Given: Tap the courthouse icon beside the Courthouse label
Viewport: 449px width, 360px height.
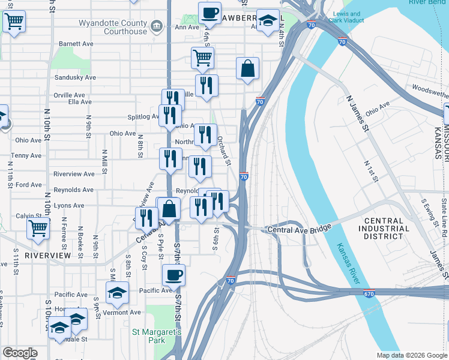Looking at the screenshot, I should point(157,26).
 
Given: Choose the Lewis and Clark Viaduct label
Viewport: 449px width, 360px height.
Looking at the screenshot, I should point(347,17).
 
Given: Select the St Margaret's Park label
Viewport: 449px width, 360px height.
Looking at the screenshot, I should point(157,336).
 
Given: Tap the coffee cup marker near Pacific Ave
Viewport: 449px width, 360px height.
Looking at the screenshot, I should point(173,275).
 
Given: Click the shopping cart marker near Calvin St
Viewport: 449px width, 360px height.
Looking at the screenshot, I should point(38,228).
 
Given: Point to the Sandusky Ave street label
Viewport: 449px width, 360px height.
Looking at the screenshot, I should point(75,77).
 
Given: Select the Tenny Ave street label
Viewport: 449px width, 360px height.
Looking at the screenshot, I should point(27,155).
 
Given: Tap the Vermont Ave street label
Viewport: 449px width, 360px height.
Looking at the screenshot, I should point(122,312).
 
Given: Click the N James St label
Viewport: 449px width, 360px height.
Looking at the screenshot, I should point(361,114).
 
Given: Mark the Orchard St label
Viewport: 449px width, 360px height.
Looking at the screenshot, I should point(224,150).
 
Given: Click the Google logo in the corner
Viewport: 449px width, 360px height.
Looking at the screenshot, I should point(20,353).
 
